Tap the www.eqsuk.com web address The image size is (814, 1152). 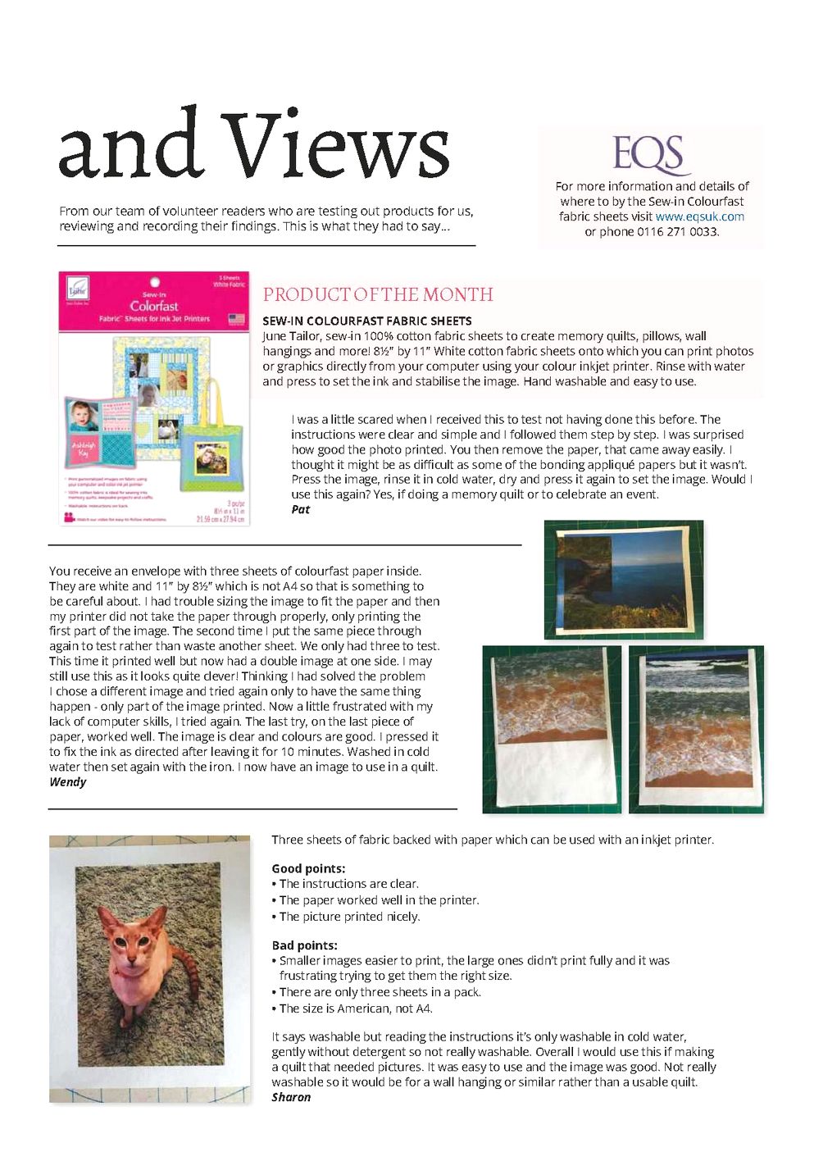(x=699, y=216)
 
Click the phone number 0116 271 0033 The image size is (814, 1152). (x=677, y=231)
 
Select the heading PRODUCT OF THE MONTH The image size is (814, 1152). (x=378, y=294)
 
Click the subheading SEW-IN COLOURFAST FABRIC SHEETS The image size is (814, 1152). (x=366, y=321)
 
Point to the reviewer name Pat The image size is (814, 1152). (x=301, y=509)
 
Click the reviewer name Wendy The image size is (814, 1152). (x=67, y=781)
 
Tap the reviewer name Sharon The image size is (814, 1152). (x=291, y=1097)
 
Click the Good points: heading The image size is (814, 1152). (x=308, y=868)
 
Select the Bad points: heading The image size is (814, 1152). (x=304, y=945)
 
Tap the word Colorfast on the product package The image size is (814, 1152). (x=154, y=306)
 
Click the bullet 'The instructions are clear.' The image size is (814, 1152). (x=348, y=884)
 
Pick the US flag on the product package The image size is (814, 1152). (x=236, y=318)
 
